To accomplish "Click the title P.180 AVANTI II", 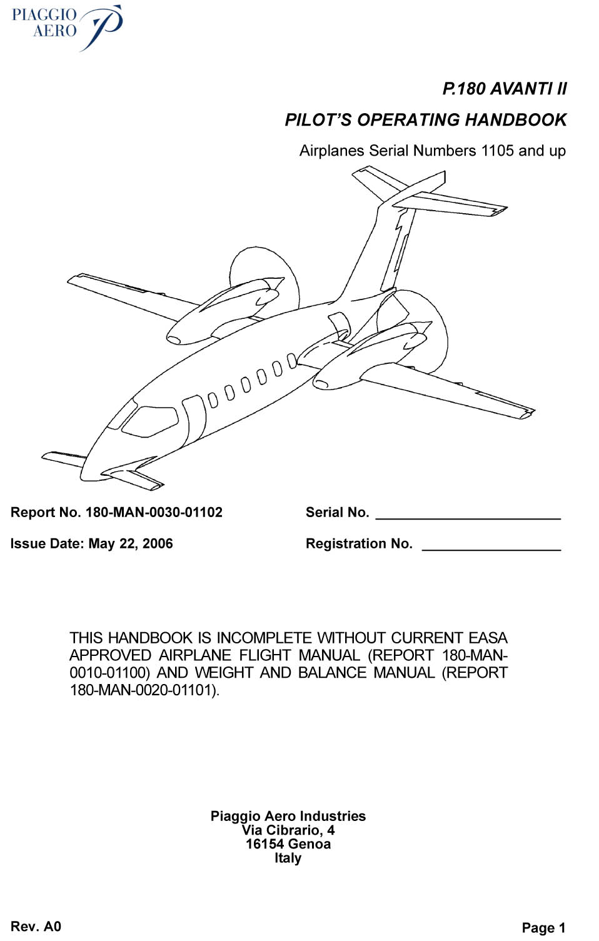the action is coord(505,89).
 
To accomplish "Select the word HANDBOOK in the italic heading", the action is coord(516,119).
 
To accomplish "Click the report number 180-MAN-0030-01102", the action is coord(154,512).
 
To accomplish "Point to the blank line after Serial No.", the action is coord(468,519).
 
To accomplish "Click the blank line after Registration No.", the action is coord(491,550).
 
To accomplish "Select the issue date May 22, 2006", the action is coord(131,543).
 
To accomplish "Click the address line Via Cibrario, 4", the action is coord(288,830).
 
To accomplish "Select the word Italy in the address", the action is coord(288,858).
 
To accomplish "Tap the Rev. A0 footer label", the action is coord(36,926).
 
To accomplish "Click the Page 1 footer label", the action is coord(543,928).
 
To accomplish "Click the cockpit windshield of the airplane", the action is coord(150,421).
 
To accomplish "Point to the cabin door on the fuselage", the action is coord(194,418).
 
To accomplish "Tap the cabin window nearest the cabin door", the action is coord(213,400).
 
